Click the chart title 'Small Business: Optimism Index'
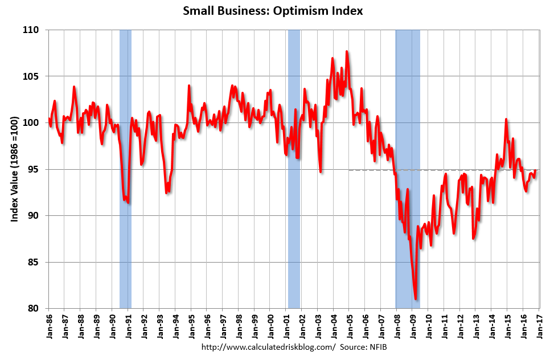(273, 11)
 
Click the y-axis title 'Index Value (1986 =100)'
(15, 169)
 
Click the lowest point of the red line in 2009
(416, 299)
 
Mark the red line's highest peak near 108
(347, 52)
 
